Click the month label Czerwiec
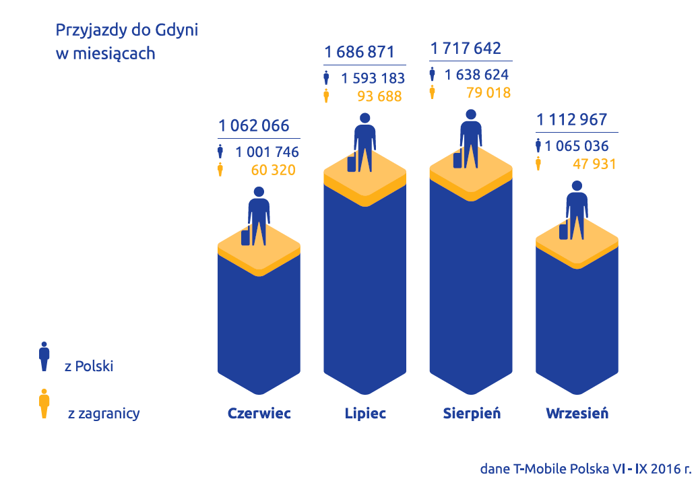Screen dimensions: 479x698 pyautogui.click(x=259, y=413)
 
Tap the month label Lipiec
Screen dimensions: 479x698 pyautogui.click(x=365, y=413)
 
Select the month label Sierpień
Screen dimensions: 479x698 pyautogui.click(x=472, y=413)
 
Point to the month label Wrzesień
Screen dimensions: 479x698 pyautogui.click(x=577, y=413)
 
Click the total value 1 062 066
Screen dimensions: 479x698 pyautogui.click(x=254, y=126)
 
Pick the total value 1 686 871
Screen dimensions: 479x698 pyautogui.click(x=359, y=53)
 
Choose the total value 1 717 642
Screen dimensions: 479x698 pyautogui.click(x=466, y=49)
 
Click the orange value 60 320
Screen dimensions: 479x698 pyautogui.click(x=273, y=170)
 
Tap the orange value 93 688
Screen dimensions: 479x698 pyautogui.click(x=379, y=96)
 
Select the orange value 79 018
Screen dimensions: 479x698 pyautogui.click(x=488, y=92)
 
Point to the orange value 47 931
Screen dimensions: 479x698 pyautogui.click(x=594, y=164)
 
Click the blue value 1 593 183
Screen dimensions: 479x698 pyautogui.click(x=373, y=78)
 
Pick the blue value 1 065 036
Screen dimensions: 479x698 pyautogui.click(x=577, y=146)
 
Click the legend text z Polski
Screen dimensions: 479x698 pyautogui.click(x=89, y=366)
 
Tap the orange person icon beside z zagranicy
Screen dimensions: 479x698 pyautogui.click(x=44, y=404)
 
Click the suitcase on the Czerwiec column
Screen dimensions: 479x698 pyautogui.click(x=246, y=236)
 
